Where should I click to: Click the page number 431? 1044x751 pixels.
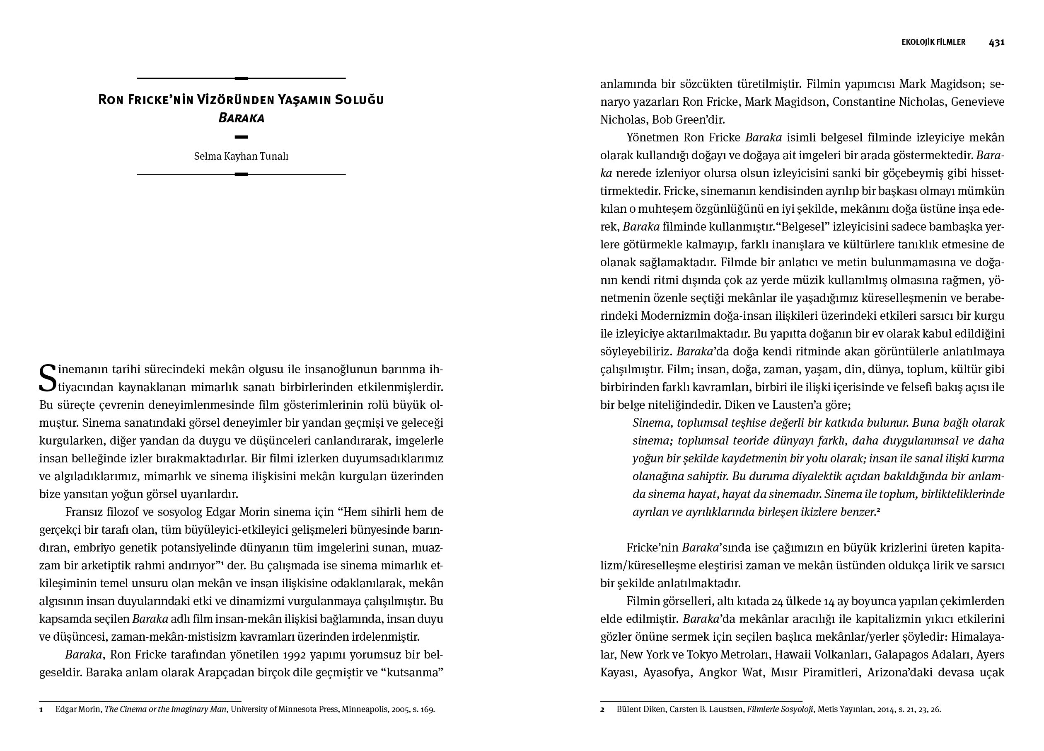pos(997,42)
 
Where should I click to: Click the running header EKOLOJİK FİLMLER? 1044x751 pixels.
pos(933,42)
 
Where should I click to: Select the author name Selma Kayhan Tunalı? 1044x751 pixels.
pos(241,156)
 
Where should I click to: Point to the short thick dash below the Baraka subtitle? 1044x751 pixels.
pos(241,137)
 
